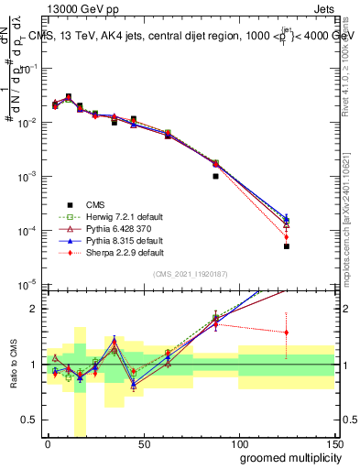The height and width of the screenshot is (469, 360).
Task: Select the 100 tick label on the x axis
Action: point(239,443)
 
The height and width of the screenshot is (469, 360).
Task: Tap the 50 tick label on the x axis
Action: point(143,443)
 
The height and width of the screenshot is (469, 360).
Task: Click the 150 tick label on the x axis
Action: point(334,443)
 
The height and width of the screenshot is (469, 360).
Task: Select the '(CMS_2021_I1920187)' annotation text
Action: point(191,274)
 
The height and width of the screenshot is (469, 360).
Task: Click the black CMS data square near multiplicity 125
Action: point(287,246)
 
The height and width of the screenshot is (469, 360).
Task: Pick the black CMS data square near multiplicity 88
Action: point(215,176)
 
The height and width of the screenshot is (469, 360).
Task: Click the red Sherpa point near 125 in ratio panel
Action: point(287,333)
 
